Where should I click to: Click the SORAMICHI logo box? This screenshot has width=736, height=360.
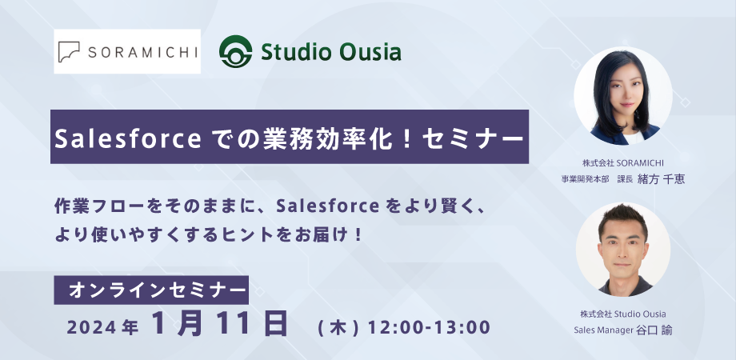point(127,52)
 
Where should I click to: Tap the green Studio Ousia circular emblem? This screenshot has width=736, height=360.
point(236,52)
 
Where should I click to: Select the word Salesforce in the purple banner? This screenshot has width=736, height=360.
point(129,138)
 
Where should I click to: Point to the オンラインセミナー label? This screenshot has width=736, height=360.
point(151,290)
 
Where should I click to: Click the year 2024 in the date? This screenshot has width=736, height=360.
point(91,328)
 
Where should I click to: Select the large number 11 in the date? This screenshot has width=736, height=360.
point(233,324)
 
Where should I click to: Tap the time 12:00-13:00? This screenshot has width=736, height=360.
point(429,327)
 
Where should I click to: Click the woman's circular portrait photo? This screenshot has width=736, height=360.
point(623,95)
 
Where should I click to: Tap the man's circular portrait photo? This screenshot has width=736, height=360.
point(623,249)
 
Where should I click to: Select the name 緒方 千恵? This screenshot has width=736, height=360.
point(661,179)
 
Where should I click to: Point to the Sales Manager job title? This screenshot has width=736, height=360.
point(604,330)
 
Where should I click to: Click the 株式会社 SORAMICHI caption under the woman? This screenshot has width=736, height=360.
point(623,163)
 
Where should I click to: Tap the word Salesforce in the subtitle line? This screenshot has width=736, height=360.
point(327,206)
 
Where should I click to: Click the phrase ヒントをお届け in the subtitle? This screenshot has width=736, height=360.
point(294,234)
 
